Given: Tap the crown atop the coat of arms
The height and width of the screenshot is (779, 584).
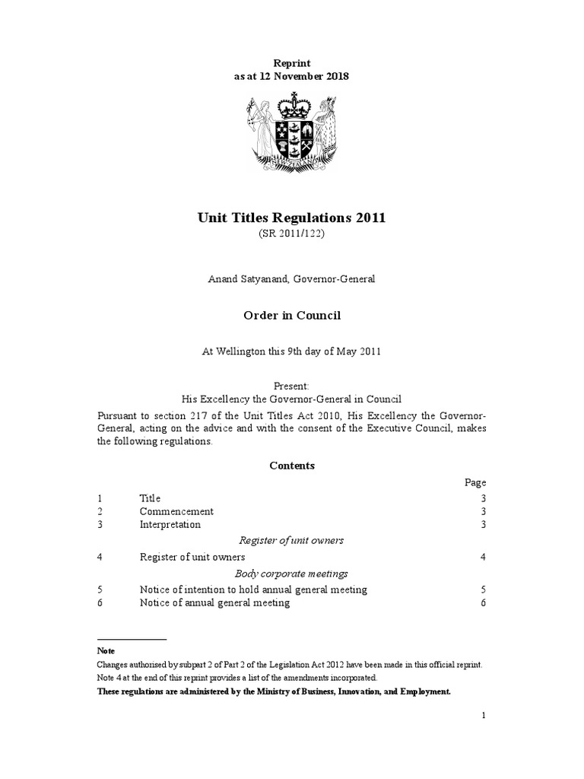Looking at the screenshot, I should coord(292,103).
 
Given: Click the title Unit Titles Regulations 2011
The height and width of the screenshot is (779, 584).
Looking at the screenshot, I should coord(291,218).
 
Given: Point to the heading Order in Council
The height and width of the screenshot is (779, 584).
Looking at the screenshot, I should coord(291,315).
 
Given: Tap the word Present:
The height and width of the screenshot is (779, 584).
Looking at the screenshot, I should coord(291,386).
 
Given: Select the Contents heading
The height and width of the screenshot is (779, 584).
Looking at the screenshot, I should coord(292,466).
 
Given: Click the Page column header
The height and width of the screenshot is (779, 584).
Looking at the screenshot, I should coord(475,482).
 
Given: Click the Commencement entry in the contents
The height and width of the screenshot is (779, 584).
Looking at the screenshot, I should coord(176,511).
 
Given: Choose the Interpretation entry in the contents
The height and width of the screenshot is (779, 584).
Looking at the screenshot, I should coord(170,525).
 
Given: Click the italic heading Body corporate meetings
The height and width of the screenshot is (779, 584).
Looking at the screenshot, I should coord(292,573).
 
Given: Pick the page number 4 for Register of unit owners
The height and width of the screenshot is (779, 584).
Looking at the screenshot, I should coord(482,557).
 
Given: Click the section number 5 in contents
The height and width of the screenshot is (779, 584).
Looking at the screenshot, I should coord(100,589).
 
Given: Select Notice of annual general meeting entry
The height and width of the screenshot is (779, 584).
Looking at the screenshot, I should coord(214,603).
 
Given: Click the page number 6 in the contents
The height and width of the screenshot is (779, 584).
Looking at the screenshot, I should coord(482,603).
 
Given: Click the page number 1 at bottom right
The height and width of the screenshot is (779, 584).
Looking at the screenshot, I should coord(482,717).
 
